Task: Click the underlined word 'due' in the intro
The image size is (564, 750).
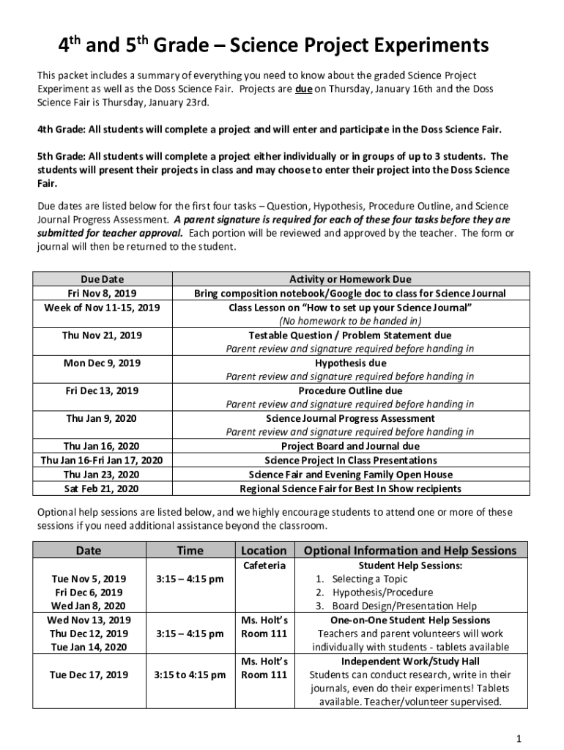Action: click(x=304, y=89)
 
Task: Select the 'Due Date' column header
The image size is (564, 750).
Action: click(x=101, y=279)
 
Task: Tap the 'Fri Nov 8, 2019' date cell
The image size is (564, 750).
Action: click(x=101, y=293)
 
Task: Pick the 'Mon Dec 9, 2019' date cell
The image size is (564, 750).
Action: click(x=101, y=363)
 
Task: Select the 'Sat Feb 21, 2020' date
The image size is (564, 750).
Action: click(x=101, y=488)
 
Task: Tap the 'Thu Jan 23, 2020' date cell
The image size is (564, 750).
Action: click(x=101, y=474)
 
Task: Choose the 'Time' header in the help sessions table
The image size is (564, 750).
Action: click(x=190, y=550)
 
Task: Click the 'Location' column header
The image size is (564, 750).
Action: click(x=263, y=550)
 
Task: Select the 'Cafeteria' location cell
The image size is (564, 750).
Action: click(x=263, y=565)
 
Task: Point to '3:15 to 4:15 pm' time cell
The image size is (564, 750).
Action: click(x=190, y=675)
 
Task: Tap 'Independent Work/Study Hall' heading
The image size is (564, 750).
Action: click(x=410, y=661)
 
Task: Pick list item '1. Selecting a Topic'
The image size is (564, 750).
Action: click(x=360, y=579)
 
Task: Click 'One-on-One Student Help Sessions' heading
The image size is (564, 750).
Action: click(x=410, y=620)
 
